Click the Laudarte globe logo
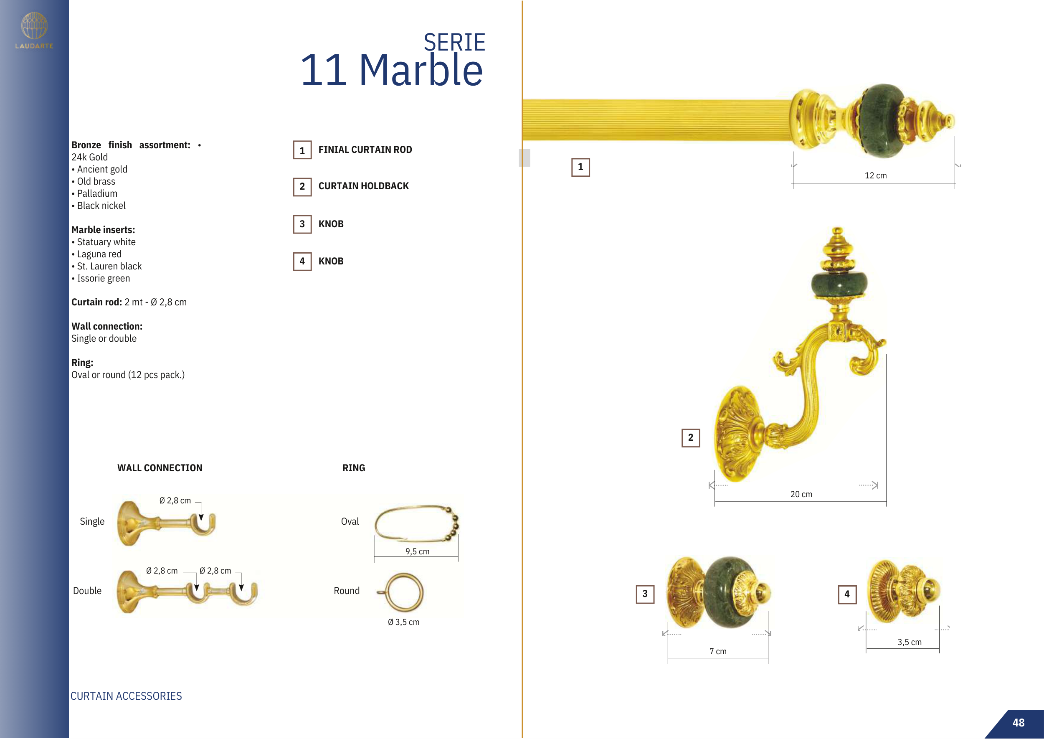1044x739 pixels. click(34, 25)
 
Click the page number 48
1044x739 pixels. click(1018, 723)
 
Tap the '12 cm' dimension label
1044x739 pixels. click(875, 175)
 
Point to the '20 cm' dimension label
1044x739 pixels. click(801, 494)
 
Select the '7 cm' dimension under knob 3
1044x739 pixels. click(718, 651)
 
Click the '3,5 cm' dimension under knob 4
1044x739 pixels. click(910, 642)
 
